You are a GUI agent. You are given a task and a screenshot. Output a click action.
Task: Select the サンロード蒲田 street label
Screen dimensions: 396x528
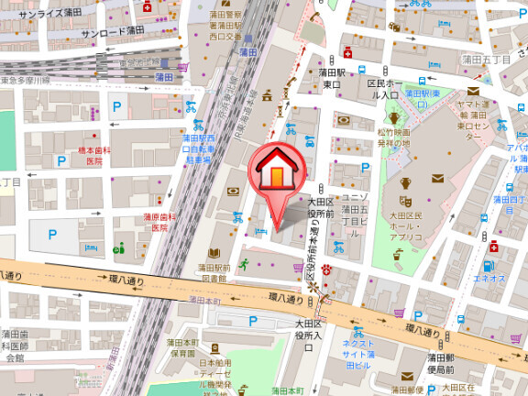[x=113, y=31]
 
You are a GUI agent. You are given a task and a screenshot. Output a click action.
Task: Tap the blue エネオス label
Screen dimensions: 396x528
[x=490, y=276]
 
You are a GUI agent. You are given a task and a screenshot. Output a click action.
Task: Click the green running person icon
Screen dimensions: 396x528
[x=244, y=265]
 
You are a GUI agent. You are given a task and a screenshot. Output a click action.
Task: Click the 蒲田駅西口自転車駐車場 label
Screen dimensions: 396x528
[x=198, y=148]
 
